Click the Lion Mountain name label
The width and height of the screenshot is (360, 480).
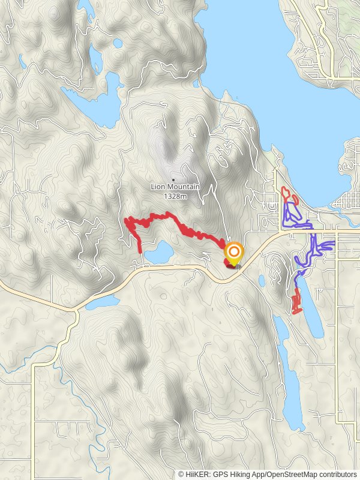click(175, 187)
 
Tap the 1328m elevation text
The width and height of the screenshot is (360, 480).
click(175, 194)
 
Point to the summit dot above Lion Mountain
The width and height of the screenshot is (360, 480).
click(173, 179)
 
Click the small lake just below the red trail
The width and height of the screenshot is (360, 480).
click(158, 253)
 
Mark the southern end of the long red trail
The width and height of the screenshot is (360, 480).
click(141, 250)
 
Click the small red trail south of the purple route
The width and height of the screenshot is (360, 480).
click(296, 302)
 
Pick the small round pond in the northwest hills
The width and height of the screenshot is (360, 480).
click(118, 43)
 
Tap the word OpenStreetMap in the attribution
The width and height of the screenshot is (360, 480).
click(292, 474)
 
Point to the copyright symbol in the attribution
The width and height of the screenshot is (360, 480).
click(181, 474)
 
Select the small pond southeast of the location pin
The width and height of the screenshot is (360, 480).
click(262, 280)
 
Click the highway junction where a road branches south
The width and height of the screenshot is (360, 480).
click(76, 310)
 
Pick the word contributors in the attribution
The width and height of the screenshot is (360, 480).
click(336, 474)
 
